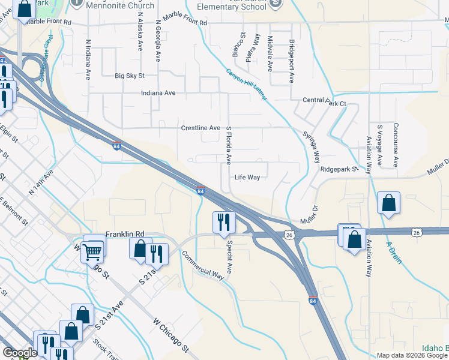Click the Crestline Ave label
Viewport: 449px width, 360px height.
click(201, 128)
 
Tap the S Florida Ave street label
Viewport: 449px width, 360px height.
click(229, 145)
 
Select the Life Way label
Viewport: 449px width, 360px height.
click(247, 178)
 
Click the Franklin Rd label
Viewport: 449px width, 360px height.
click(125, 234)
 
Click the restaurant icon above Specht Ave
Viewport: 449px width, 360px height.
click(223, 221)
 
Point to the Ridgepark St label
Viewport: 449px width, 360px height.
click(339, 169)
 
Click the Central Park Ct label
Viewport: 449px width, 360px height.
click(325, 103)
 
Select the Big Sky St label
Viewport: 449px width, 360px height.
click(130, 76)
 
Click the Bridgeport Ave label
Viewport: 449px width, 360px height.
click(291, 61)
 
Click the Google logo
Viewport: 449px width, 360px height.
click(20, 353)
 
